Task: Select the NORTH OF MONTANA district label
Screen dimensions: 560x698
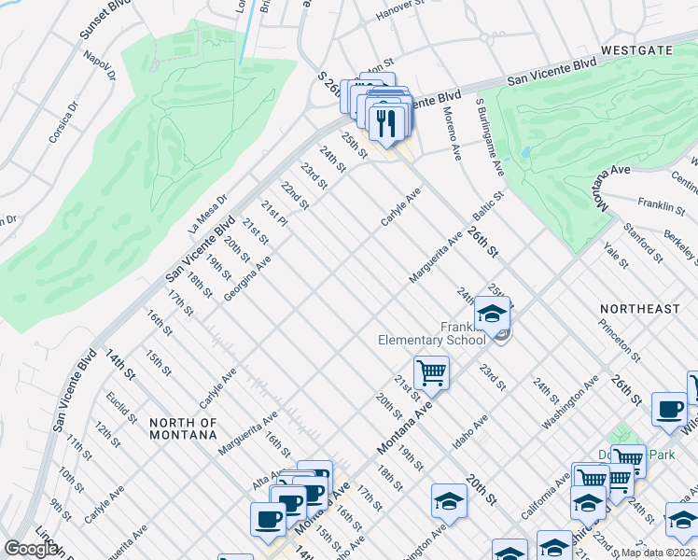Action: [183, 429]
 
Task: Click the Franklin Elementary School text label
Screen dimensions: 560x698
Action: [432, 333]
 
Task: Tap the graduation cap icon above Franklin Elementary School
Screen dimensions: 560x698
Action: [492, 314]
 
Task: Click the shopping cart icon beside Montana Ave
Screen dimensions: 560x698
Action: [431, 372]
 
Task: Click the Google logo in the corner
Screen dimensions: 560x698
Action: [30, 549]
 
